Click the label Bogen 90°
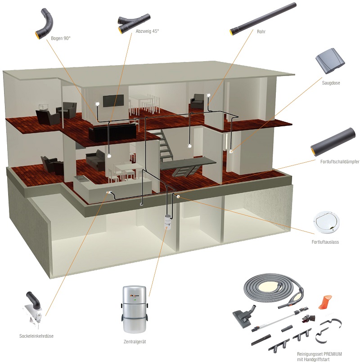click(x=61, y=38)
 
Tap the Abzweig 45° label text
click(x=147, y=31)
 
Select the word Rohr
click(x=261, y=31)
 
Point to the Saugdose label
click(x=331, y=83)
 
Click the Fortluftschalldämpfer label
click(x=340, y=161)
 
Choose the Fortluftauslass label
click(x=325, y=242)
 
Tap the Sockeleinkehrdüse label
click(x=36, y=336)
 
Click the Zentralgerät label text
click(x=135, y=342)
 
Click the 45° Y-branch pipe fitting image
click(x=134, y=22)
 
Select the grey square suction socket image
click(x=330, y=61)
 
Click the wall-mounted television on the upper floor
click(x=113, y=101)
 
